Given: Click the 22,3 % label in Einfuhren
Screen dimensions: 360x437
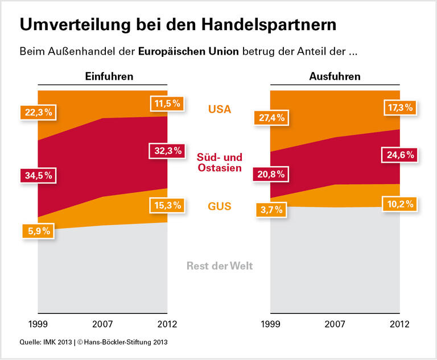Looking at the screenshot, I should point(38,113).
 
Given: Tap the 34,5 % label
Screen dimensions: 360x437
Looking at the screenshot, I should point(38,176).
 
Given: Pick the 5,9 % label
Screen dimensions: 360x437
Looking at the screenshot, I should point(38,231).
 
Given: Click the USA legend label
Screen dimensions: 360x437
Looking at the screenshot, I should point(220,109).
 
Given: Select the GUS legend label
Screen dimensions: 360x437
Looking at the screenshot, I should point(220,206).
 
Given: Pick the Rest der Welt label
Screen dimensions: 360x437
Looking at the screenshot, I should point(220,266).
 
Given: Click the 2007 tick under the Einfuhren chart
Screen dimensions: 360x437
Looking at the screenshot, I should point(102,325).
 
